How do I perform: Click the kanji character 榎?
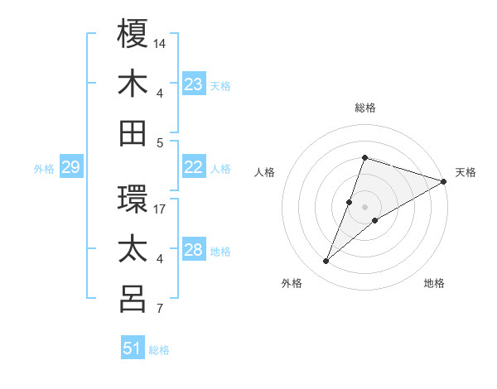133,34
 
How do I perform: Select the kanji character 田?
133,133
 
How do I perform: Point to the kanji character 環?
133,199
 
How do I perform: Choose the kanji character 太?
133,249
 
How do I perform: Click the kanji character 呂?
133,299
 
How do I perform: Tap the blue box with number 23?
194,84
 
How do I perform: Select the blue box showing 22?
194,167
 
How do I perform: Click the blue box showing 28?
194,250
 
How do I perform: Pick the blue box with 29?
70,168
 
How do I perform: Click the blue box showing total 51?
133,348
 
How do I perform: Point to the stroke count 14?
160,42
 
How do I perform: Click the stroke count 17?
160,209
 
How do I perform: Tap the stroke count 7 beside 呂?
160,309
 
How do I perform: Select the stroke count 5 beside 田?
160,142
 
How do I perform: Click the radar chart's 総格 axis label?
364,108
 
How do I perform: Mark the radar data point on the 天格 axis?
444,181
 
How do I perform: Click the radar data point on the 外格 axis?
326,262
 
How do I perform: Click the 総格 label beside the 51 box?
159,350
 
